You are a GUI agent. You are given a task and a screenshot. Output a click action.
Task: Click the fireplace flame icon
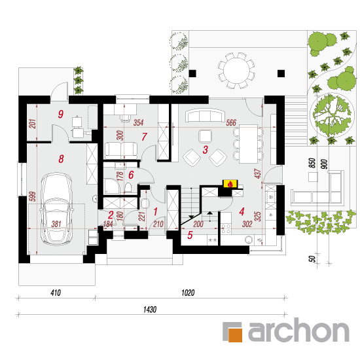tap(230, 184)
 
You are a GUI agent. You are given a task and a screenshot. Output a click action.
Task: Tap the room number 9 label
tap(61, 114)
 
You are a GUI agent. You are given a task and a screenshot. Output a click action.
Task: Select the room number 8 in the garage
tap(61, 159)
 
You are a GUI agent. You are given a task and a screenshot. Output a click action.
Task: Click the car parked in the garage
tap(57, 208)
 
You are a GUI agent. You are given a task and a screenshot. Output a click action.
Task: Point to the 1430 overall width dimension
tap(150, 310)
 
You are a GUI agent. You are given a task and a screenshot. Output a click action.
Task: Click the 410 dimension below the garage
tap(56, 293)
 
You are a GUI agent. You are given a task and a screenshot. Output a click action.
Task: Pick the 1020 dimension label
tap(188, 293)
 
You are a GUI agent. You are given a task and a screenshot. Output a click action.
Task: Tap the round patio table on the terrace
tap(236, 71)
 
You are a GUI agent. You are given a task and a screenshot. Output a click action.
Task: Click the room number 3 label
tap(206, 150)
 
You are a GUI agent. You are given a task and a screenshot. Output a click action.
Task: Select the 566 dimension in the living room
tap(231, 123)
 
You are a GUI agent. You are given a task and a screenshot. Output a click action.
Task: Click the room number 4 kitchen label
tap(242, 211)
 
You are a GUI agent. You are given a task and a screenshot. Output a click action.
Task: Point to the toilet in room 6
tap(128, 188)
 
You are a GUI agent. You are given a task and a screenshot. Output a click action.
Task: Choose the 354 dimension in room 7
tap(139, 122)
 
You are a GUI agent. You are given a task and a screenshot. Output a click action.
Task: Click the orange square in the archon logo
tap(235, 335)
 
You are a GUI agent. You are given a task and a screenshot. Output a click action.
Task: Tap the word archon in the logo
tap(298, 330)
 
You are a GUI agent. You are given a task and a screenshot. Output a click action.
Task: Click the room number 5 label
tap(190, 236)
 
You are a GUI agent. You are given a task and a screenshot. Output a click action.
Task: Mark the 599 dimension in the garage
tap(33, 196)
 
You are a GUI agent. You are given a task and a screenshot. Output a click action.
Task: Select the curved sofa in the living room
tap(205, 116)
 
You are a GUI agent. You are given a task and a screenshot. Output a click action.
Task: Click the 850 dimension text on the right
tap(312, 163)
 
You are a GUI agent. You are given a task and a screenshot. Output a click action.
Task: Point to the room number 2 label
tap(111, 215)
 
